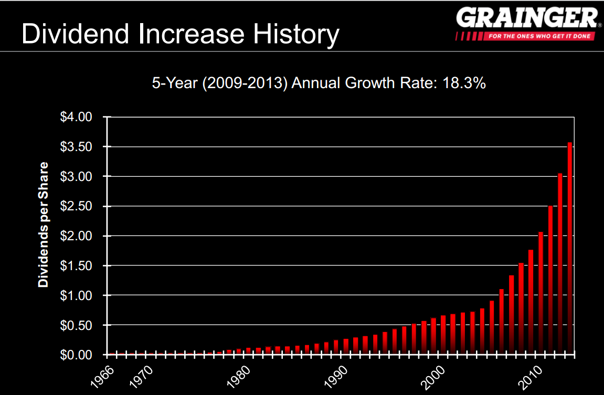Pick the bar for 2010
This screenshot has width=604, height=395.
coord(541,293)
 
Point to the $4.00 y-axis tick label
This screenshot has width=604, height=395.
coord(77,117)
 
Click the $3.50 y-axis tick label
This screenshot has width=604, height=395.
coord(77,147)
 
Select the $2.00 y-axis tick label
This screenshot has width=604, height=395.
coord(77,236)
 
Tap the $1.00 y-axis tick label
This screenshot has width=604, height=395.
coord(77,296)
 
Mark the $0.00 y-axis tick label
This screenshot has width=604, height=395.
coord(77,355)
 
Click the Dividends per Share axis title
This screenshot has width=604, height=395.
coord(43,225)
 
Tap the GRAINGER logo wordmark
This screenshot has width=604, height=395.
coord(526,18)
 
